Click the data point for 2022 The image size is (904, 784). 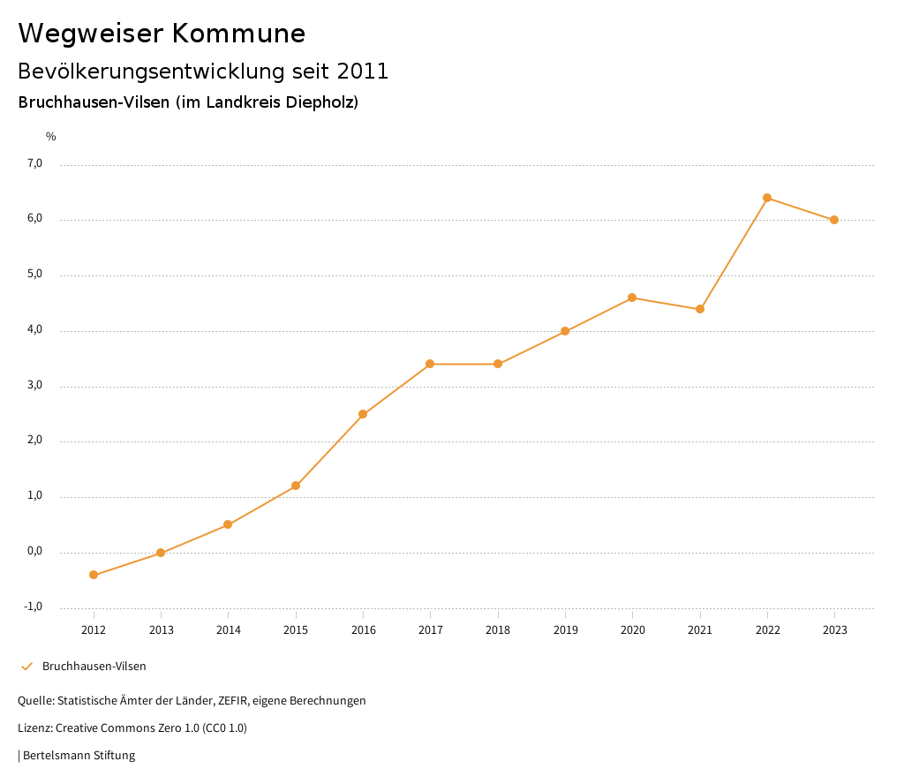pyautogui.click(x=767, y=198)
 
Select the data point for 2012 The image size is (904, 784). pyautogui.click(x=94, y=575)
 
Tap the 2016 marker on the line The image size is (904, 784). pyautogui.click(x=363, y=414)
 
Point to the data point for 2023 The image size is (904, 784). pyautogui.click(x=834, y=220)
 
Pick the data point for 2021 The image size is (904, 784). pyautogui.click(x=700, y=309)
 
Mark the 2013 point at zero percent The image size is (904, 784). pyautogui.click(x=161, y=553)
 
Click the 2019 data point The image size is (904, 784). pyautogui.click(x=565, y=331)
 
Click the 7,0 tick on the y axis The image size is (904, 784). pyautogui.click(x=34, y=163)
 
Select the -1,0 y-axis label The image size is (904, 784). pyautogui.click(x=34, y=607)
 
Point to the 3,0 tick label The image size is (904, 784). pyautogui.click(x=34, y=386)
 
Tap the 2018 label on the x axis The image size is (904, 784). pyautogui.click(x=498, y=629)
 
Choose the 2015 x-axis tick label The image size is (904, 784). pyautogui.click(x=296, y=629)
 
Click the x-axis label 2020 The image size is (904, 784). pyautogui.click(x=632, y=629)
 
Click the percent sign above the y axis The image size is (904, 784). pyautogui.click(x=51, y=137)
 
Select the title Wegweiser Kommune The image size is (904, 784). pyautogui.click(x=162, y=34)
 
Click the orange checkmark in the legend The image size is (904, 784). pyautogui.click(x=26, y=667)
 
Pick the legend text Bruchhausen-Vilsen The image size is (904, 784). pyautogui.click(x=94, y=667)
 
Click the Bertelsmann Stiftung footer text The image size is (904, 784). pyautogui.click(x=79, y=756)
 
